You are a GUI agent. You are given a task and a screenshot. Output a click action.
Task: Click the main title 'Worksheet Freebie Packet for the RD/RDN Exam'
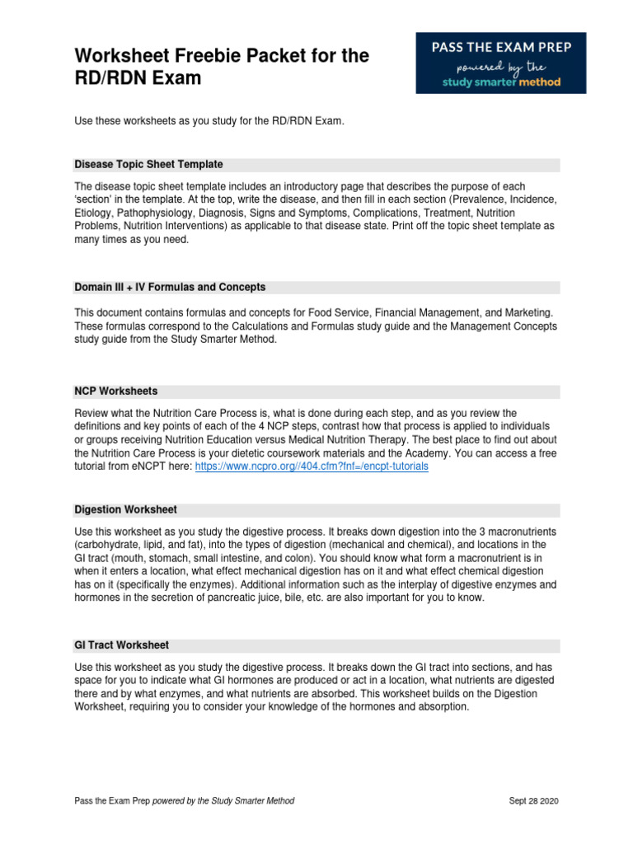point(222,68)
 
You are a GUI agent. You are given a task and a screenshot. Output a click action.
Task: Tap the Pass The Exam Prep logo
point(500,63)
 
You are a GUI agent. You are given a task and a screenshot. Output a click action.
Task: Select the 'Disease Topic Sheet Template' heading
point(148,165)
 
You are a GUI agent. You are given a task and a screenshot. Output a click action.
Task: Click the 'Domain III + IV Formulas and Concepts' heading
point(170,288)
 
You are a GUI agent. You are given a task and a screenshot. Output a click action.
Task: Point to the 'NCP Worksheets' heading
point(116,392)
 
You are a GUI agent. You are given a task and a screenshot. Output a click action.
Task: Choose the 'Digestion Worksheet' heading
point(125,510)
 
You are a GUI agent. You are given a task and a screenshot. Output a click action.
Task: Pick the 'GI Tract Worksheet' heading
point(122,645)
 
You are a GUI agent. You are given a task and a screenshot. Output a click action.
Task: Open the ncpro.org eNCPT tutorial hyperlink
point(312,467)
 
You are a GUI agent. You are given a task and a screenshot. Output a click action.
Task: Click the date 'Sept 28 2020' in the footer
point(534,801)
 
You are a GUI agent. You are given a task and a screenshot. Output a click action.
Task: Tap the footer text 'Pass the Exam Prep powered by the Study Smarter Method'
point(184,801)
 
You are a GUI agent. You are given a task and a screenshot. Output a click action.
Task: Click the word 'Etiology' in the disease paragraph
point(94,213)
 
